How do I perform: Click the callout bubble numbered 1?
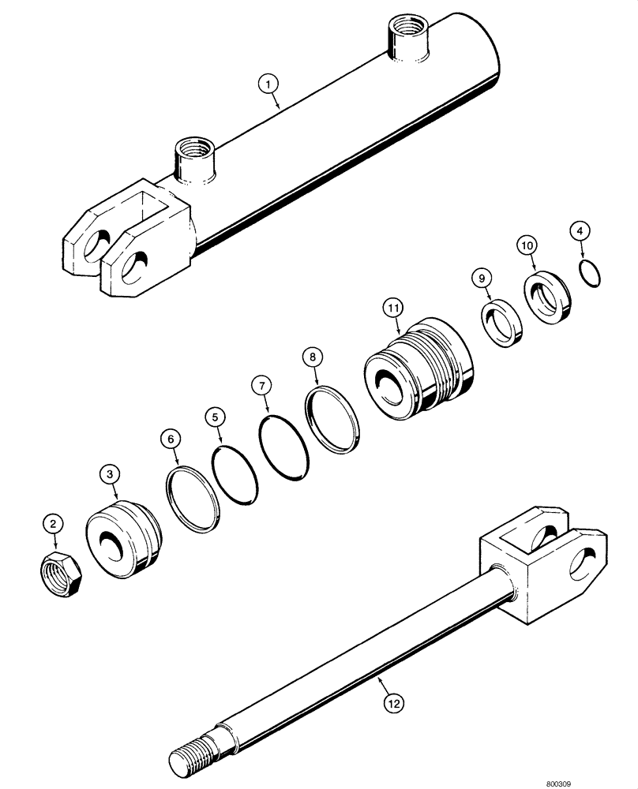pos(269,83)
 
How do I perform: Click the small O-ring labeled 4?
pos(589,272)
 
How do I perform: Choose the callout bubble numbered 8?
pos(313,357)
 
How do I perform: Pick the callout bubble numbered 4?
pos(580,232)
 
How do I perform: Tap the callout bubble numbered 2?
pos(53,522)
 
